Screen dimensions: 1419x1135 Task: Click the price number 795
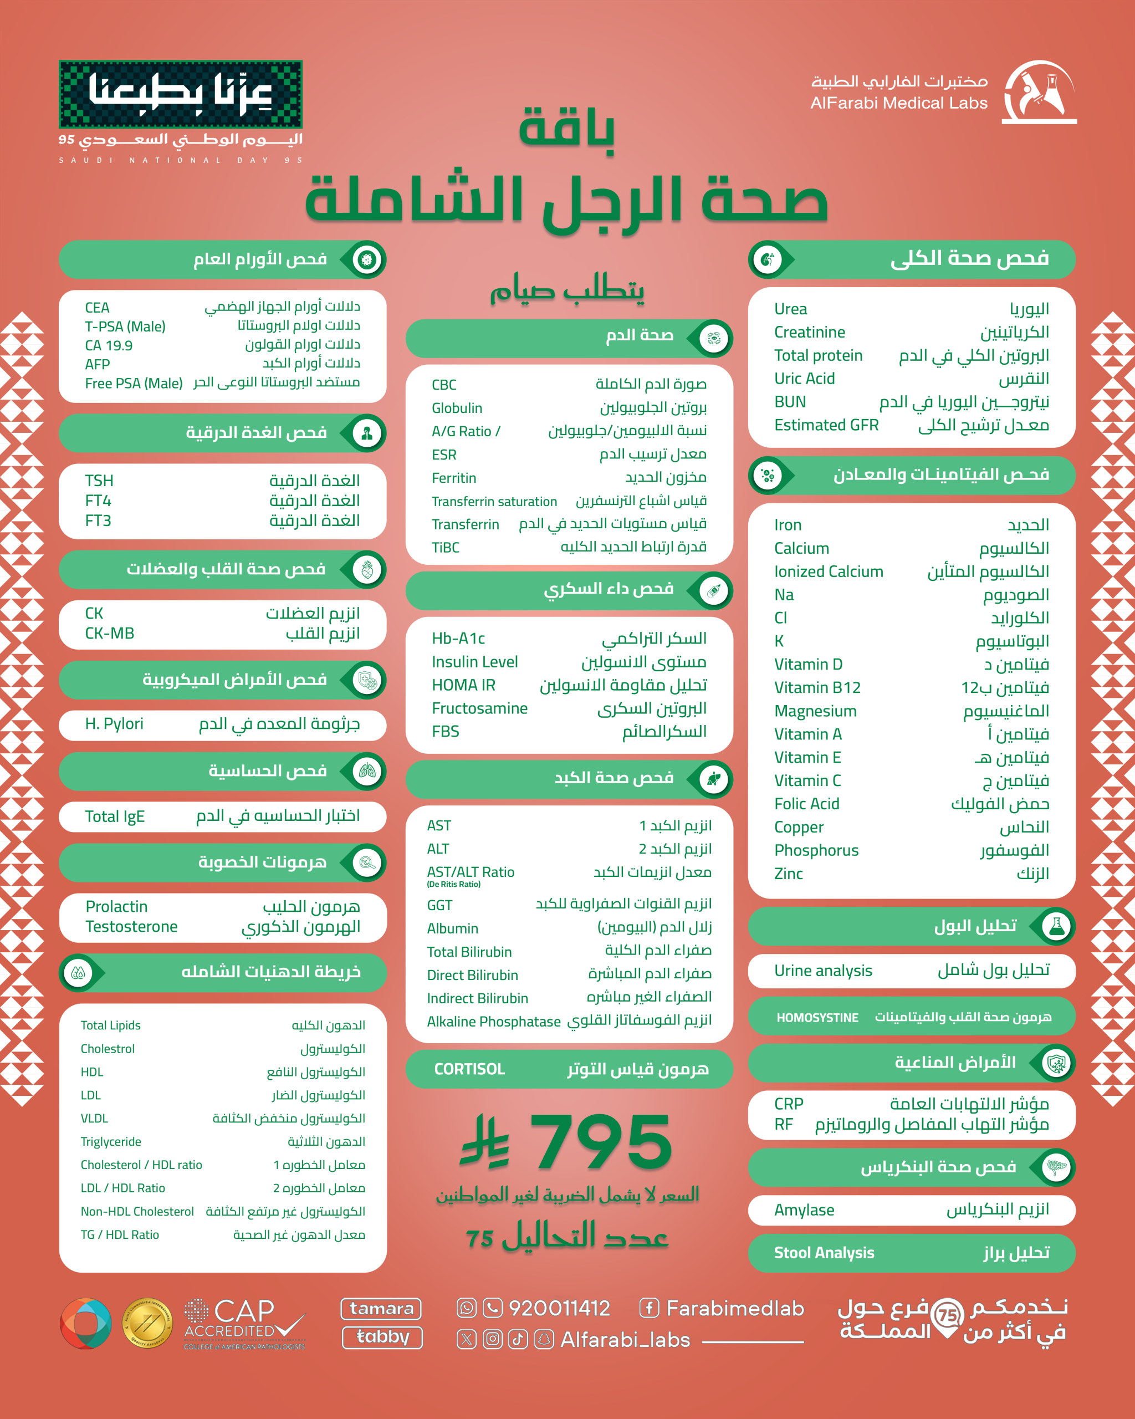[x=601, y=1142]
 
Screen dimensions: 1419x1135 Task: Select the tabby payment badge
[x=382, y=1338]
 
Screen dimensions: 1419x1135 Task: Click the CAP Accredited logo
[x=244, y=1323]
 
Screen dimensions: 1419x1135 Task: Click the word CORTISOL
[x=469, y=1069]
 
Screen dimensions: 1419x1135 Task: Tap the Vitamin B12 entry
[x=817, y=688]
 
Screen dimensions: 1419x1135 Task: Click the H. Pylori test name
[x=114, y=724]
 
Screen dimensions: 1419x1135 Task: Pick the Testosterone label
[x=131, y=927]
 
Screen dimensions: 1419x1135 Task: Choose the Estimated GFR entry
[x=826, y=425]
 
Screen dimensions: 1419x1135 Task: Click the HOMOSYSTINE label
[x=817, y=1018]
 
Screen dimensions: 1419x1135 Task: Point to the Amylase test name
[x=804, y=1209]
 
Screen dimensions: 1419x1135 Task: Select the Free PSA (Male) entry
[x=134, y=383]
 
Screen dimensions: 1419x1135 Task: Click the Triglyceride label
[x=110, y=1141]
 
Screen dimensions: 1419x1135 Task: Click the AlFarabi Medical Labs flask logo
[x=1040, y=92]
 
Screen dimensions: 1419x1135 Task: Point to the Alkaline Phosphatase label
[x=493, y=1022]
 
